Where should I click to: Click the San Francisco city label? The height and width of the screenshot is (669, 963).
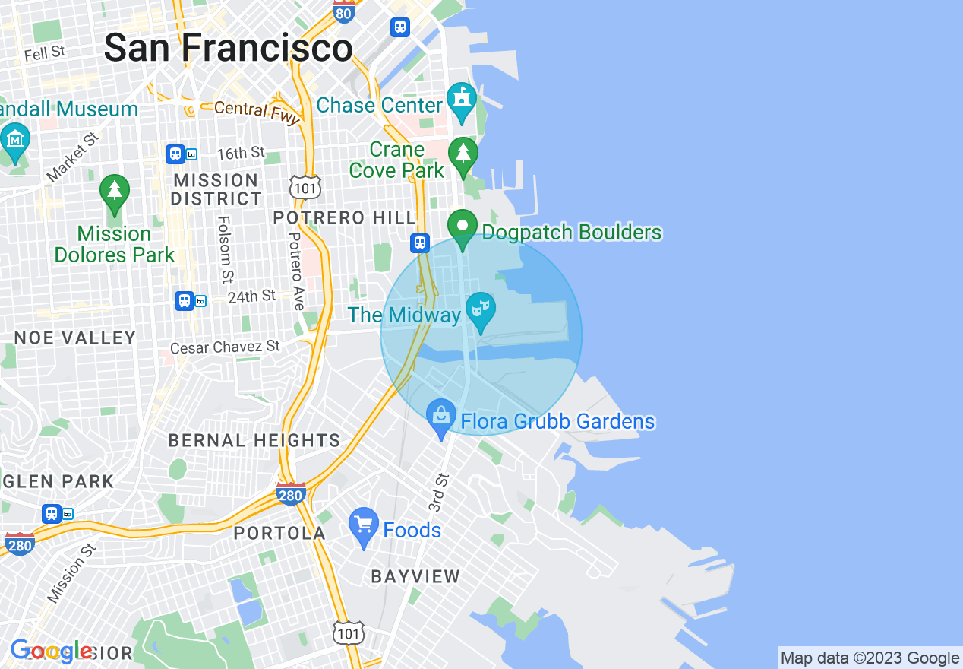(228, 49)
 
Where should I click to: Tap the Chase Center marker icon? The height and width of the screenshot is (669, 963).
(462, 101)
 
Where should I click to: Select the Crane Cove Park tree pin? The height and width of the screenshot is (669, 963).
(463, 154)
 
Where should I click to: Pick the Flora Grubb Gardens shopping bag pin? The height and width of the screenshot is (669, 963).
(440, 417)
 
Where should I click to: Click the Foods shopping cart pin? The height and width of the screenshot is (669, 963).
(364, 525)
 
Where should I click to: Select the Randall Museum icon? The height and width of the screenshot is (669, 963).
(15, 141)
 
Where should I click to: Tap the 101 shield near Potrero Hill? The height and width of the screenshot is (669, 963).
(305, 187)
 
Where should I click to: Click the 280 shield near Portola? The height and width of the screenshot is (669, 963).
(291, 494)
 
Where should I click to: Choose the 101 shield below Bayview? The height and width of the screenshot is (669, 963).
(349, 633)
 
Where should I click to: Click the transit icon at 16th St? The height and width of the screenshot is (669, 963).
(176, 154)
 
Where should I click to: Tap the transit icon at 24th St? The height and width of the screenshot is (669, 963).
(185, 300)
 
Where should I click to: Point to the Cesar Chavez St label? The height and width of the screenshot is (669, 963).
(225, 347)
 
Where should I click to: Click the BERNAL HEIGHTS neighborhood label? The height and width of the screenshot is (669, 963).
(254, 440)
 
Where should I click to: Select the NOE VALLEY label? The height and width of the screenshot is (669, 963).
(75, 338)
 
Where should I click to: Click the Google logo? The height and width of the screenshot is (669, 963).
(52, 652)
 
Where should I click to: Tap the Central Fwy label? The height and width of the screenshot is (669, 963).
(251, 110)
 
